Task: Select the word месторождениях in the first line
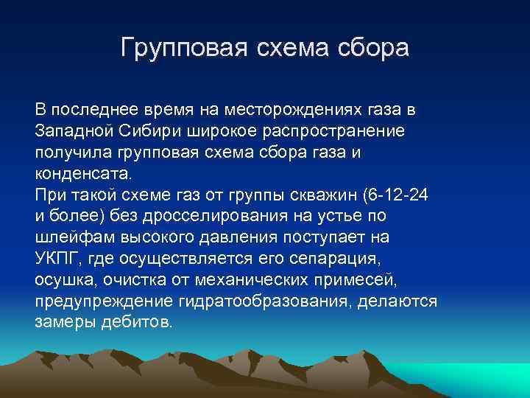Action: click(294, 109)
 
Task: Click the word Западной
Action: click(71, 130)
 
